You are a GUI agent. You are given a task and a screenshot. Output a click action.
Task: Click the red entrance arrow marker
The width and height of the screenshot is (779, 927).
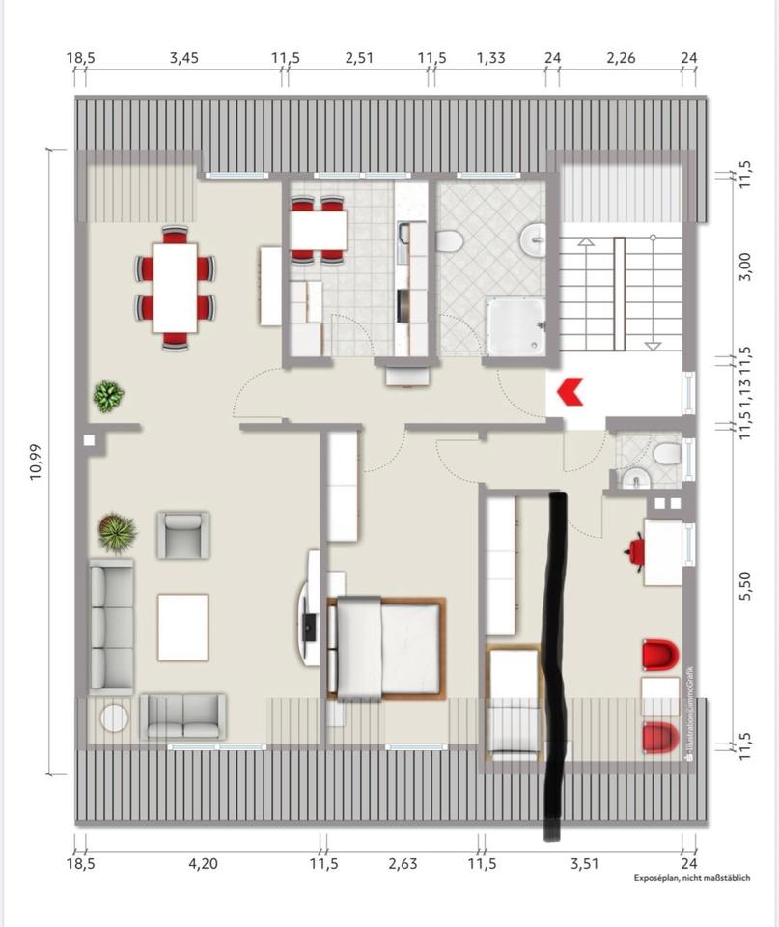point(570,391)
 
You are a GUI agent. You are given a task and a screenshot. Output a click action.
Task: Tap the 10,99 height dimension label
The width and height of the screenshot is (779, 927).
point(37,463)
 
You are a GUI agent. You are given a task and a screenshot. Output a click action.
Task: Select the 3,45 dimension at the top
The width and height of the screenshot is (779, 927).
point(183,58)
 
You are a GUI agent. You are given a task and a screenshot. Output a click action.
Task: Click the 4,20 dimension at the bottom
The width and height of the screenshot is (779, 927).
point(202,863)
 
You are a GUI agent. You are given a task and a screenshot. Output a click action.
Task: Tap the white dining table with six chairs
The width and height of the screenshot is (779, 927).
point(175,288)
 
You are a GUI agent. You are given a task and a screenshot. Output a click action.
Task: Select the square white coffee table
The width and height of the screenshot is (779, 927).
point(182,627)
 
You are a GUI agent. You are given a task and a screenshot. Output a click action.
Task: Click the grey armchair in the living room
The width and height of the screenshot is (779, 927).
point(182,534)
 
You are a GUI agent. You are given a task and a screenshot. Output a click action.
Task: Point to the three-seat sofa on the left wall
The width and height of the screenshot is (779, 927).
point(111,625)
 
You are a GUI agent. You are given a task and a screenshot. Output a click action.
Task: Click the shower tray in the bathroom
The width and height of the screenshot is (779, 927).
point(515,326)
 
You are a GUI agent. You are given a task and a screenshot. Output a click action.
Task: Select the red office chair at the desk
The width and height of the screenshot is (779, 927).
point(636,551)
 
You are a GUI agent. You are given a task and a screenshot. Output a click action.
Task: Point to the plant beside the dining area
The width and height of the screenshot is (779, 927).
point(108,395)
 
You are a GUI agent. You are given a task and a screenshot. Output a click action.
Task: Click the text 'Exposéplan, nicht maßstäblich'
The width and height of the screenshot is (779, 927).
point(691,878)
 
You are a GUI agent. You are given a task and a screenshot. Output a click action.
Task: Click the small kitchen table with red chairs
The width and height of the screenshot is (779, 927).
point(318,230)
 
